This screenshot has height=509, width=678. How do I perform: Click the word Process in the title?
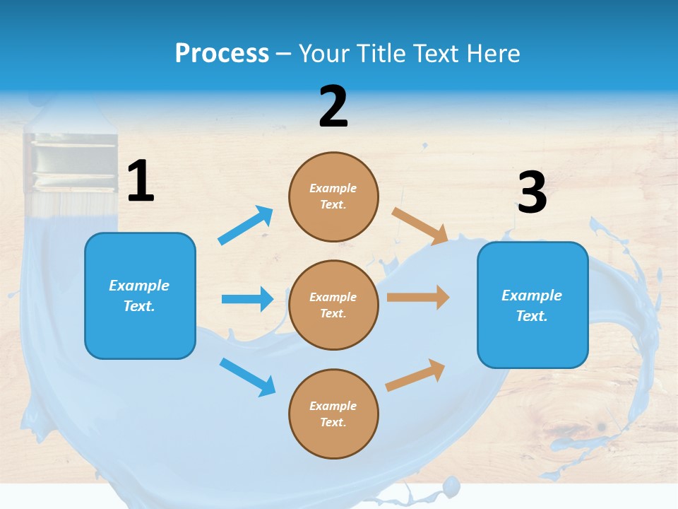[222, 53]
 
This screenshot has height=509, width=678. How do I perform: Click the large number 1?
[141, 181]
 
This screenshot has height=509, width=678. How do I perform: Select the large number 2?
[333, 107]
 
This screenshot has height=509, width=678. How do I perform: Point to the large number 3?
[532, 193]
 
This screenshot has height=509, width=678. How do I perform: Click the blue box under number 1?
[140, 296]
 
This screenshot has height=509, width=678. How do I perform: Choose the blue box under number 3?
[533, 305]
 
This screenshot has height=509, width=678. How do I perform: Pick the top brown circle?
[333, 197]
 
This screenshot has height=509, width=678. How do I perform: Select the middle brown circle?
[333, 305]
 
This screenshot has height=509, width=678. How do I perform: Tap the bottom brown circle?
[333, 414]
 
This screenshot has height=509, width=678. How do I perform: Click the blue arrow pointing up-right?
[246, 226]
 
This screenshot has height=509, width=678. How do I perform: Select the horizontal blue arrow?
[247, 299]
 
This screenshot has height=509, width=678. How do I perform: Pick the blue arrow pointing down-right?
[247, 377]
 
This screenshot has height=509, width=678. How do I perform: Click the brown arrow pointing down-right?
[420, 226]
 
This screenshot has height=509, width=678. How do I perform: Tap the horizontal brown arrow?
[418, 298]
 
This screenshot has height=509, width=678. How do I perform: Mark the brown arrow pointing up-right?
[415, 375]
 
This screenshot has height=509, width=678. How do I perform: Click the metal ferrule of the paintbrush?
[70, 163]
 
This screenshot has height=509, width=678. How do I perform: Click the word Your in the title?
[324, 53]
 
